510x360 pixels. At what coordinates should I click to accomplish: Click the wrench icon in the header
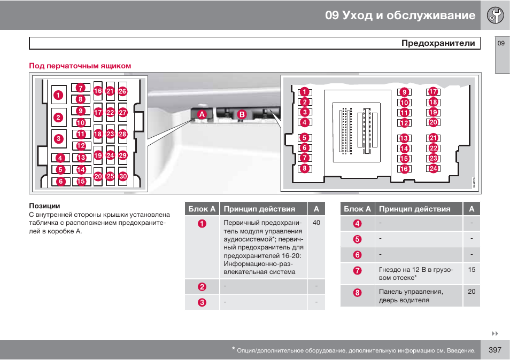495,15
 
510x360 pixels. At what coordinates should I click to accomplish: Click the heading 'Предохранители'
438,43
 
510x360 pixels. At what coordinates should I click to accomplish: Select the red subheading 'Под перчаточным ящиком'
80,66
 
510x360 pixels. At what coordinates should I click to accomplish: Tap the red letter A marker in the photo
202,114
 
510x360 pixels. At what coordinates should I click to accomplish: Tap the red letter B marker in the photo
242,114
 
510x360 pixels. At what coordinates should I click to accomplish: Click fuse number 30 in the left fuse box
123,176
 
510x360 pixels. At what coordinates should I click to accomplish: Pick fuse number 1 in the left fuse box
58,95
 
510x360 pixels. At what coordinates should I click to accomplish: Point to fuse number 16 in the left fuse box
98,91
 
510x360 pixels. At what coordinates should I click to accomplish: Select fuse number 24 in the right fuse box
433,169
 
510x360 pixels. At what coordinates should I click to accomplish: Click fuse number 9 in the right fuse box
404,92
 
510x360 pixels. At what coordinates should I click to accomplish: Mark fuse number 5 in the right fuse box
304,138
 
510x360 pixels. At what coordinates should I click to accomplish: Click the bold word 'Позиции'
44,206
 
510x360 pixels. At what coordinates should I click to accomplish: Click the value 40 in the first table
316,223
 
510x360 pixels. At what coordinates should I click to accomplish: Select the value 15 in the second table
472,270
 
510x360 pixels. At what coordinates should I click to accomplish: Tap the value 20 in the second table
472,292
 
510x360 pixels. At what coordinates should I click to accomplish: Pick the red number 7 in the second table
358,271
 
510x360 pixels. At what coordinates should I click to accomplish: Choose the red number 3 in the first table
202,302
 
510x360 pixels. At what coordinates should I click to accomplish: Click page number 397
494,350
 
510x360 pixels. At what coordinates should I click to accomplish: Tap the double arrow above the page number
494,334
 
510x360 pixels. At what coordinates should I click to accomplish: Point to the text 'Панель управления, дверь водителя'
411,296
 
